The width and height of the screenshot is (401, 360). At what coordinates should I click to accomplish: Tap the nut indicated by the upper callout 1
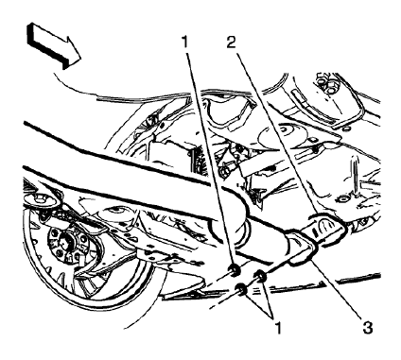tap(231, 274)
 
